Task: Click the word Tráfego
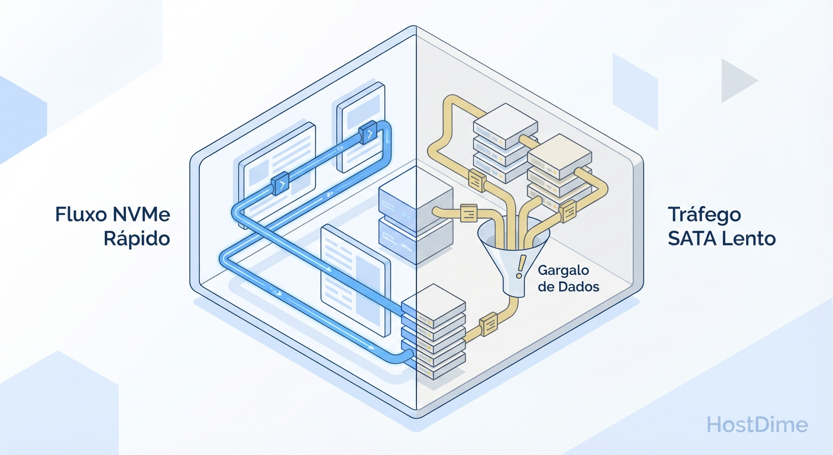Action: tap(704, 214)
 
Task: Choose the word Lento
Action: tap(751, 239)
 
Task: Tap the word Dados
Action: tap(580, 287)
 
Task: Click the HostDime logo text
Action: tap(757, 424)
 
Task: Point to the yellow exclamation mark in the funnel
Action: tap(520, 267)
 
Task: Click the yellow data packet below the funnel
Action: tap(489, 323)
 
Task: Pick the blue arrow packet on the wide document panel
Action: tap(280, 185)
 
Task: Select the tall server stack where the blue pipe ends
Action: tap(433, 332)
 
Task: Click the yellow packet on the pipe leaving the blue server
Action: tap(468, 212)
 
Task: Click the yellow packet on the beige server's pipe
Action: tap(568, 210)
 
